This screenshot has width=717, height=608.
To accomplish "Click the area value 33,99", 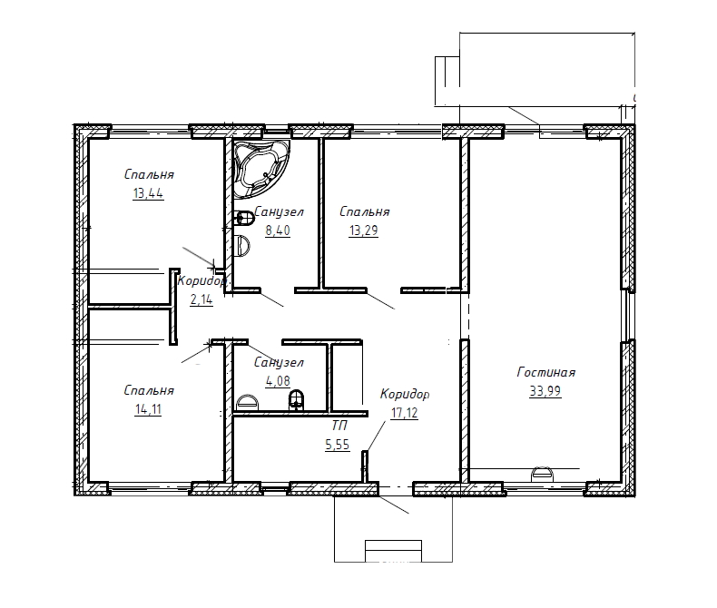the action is (x=545, y=391).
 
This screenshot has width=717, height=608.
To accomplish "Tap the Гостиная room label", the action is (x=546, y=372).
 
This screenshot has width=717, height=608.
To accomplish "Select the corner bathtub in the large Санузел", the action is (x=260, y=168).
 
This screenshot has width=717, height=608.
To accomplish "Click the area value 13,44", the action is (x=148, y=193).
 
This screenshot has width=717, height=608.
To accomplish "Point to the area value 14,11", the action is (x=148, y=409).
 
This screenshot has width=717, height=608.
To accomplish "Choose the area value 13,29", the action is (x=364, y=230).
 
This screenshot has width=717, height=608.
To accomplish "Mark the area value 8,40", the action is (x=278, y=230).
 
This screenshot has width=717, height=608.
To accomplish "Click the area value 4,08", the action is (x=278, y=381).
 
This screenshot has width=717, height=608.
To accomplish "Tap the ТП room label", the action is (x=339, y=426).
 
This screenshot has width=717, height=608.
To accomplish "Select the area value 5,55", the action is (x=338, y=445).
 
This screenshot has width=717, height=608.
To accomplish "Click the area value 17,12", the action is (x=405, y=413).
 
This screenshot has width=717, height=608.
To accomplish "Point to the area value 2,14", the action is (x=201, y=299).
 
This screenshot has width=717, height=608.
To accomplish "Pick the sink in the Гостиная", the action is (x=542, y=474).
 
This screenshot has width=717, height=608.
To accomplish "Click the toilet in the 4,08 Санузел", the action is (x=296, y=400).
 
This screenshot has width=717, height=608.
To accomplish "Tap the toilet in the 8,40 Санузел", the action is (x=245, y=218).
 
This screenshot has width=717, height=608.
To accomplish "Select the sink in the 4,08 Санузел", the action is (x=248, y=403).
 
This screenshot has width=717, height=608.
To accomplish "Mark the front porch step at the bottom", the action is (x=393, y=551).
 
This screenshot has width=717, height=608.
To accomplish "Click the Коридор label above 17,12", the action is (x=405, y=394).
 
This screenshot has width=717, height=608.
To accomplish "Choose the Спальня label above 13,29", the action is (x=365, y=211).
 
